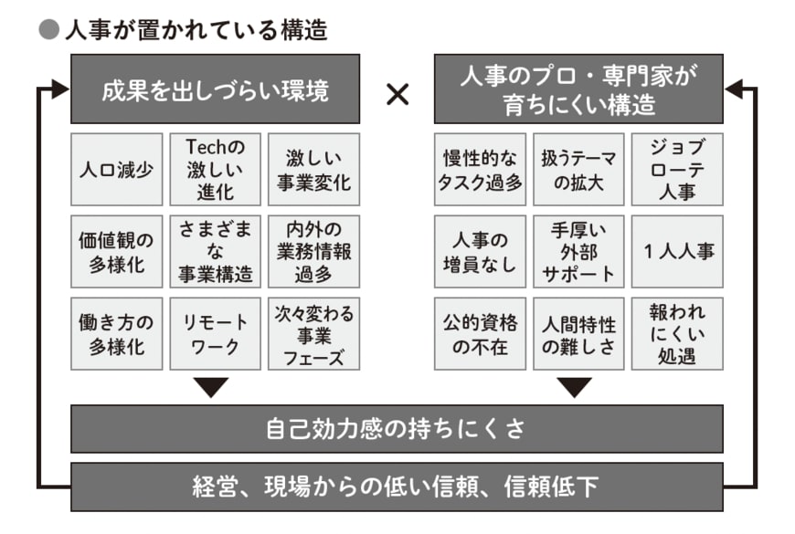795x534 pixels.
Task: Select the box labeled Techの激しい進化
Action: pos(215,170)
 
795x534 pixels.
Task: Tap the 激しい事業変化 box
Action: pos(313,170)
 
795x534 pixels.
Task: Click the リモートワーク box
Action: pos(215,333)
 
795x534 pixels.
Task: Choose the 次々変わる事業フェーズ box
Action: pos(313,333)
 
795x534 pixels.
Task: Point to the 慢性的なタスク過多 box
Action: pos(480,170)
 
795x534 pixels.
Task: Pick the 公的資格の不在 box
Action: pos(480,333)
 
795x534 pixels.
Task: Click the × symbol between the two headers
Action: pos(397,93)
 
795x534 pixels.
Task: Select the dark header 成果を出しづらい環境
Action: pos(215,89)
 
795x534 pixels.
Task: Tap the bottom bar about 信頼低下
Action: pos(397,487)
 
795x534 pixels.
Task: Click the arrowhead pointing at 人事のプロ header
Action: pos(734,89)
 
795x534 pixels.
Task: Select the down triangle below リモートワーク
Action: pos(215,387)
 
